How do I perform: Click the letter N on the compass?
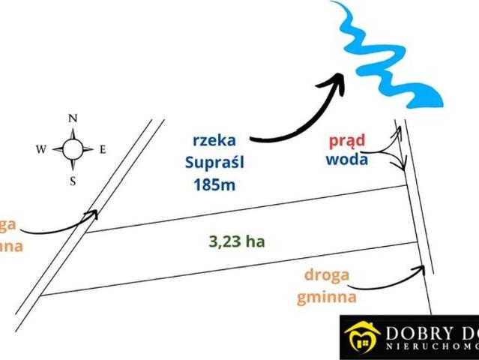[x=73, y=118]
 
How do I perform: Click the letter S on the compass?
[x=73, y=181]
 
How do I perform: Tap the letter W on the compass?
[x=40, y=149]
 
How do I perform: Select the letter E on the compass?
[x=103, y=149]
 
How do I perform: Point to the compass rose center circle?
[x=73, y=149]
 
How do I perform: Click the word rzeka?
[x=214, y=140]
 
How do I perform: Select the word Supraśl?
[x=214, y=161]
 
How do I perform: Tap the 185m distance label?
[x=214, y=184]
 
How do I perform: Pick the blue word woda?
[x=346, y=159]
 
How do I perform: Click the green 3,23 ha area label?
[x=237, y=241]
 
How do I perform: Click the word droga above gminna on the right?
[x=327, y=274]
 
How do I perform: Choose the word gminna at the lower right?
[x=325, y=296]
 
